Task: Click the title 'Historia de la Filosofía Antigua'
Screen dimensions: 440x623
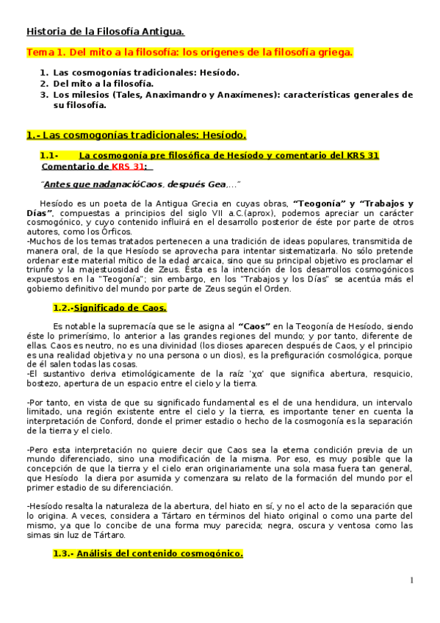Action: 105,32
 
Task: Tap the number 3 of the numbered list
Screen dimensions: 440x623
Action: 44,95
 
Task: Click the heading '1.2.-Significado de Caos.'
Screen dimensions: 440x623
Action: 109,307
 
